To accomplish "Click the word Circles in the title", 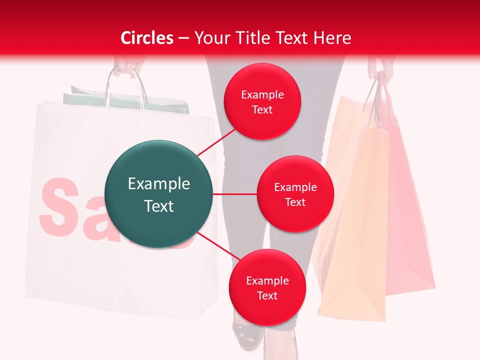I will (x=146, y=38).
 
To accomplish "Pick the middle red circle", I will (x=295, y=194).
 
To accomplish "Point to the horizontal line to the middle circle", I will (x=234, y=194).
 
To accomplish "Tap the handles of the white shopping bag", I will (x=125, y=87).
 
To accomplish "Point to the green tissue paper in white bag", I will (x=125, y=100).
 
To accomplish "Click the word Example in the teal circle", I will (x=158, y=184).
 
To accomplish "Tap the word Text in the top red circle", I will (x=262, y=110).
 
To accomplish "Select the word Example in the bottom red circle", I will (x=267, y=281).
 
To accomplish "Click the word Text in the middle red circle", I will (x=295, y=202).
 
